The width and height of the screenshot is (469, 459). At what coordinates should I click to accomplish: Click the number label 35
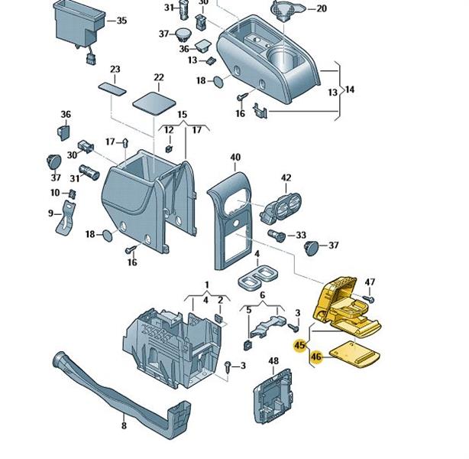click(121, 20)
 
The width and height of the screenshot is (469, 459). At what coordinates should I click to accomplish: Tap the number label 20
click(321, 8)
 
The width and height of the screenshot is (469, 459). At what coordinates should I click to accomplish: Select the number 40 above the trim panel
click(235, 158)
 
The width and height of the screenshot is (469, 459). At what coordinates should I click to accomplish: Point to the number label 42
click(286, 177)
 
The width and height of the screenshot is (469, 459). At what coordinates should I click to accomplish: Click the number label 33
click(301, 235)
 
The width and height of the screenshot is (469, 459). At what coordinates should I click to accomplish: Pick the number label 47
click(370, 283)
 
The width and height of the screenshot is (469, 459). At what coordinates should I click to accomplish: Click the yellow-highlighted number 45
click(300, 345)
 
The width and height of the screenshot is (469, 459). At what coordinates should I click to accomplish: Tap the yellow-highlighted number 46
click(316, 356)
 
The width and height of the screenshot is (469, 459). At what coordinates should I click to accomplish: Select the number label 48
click(273, 360)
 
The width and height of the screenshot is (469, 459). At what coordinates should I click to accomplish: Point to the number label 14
click(351, 90)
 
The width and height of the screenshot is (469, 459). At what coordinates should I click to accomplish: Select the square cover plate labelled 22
click(154, 100)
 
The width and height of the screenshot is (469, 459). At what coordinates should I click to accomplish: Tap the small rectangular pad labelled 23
click(115, 86)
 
